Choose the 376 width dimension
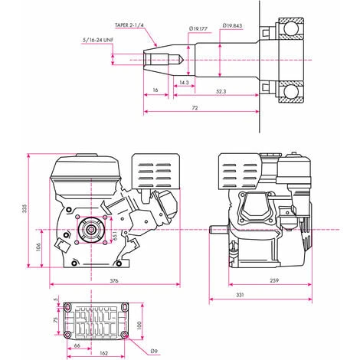(114, 281)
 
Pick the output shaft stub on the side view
(218, 228)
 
